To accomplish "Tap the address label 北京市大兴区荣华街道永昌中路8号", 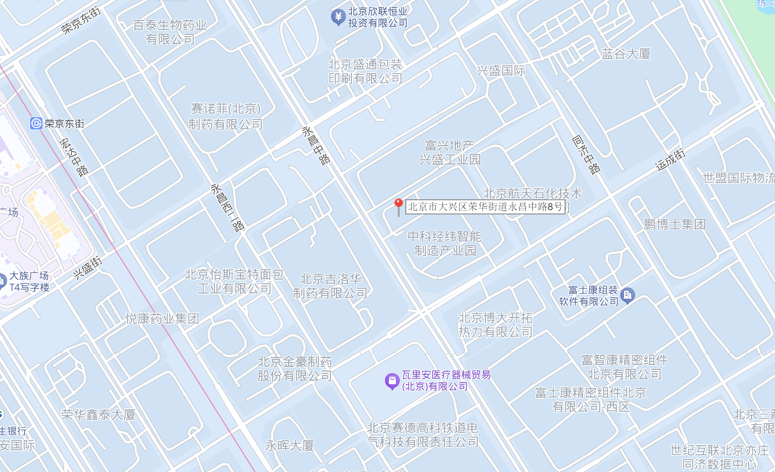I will point(485,207).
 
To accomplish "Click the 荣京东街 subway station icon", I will point(36,123).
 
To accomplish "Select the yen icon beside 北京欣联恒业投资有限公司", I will point(338,17).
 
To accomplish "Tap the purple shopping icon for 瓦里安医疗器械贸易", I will point(392,380).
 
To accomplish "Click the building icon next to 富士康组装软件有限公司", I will point(627,296).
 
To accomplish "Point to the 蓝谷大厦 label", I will point(626,54).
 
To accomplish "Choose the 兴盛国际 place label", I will point(501,71).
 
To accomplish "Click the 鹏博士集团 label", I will point(674,225).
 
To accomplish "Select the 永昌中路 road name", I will point(316,146).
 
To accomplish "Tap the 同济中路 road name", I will point(586,154).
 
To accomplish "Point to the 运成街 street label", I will point(670,160).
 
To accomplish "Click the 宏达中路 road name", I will point(74,157).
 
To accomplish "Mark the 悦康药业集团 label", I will point(162,319).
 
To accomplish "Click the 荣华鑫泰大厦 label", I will point(98,415).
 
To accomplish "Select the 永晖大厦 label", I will point(289,446).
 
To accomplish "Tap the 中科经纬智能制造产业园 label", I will point(444,243).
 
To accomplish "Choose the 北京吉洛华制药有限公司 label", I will point(331,286).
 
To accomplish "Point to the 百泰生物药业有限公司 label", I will point(170,32).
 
